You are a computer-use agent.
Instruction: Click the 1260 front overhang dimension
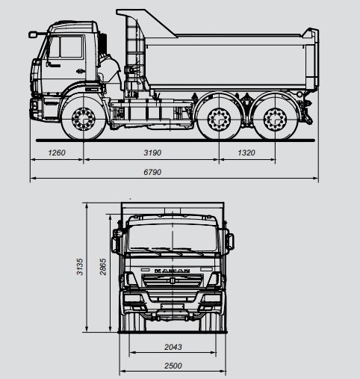click(x=57, y=152)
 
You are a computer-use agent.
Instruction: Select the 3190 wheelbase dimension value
click(x=152, y=152)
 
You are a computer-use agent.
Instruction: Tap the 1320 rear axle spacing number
click(x=246, y=152)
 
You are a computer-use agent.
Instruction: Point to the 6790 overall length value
click(x=152, y=172)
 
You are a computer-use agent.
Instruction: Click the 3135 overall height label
click(x=80, y=267)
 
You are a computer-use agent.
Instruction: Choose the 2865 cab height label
click(x=103, y=267)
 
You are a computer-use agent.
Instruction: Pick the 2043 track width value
click(x=173, y=347)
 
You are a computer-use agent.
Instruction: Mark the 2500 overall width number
click(x=173, y=366)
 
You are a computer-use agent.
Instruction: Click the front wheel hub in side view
click(x=84, y=119)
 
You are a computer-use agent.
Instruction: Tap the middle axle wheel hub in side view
click(x=219, y=119)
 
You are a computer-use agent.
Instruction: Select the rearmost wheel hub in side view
click(x=275, y=119)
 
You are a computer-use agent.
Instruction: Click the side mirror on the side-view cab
click(x=33, y=34)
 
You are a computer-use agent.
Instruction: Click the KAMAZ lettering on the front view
click(x=172, y=271)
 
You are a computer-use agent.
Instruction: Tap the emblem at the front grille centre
click(x=173, y=281)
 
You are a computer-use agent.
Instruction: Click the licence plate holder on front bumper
click(x=173, y=306)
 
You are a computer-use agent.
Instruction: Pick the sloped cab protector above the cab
click(x=147, y=23)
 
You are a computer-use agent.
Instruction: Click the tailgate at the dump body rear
click(x=311, y=60)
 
